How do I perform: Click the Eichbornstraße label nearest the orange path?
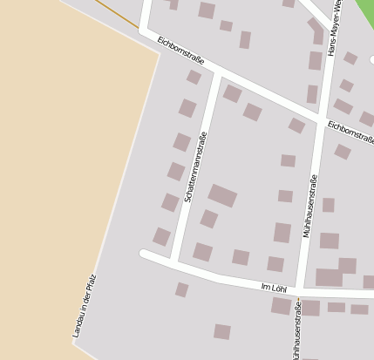click(x=180, y=51)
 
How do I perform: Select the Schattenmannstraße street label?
click(x=195, y=167)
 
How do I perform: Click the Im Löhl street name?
click(x=274, y=287)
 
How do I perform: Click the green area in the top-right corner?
click(x=364, y=13)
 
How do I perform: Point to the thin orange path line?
click(x=118, y=14)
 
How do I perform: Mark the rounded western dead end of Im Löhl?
click(x=144, y=255)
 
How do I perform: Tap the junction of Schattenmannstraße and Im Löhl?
click(x=174, y=262)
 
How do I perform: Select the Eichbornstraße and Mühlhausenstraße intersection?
click(x=321, y=118)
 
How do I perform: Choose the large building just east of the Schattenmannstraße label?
click(x=222, y=195)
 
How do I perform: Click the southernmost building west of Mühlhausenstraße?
click(x=222, y=331)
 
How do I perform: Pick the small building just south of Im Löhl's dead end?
click(x=181, y=289)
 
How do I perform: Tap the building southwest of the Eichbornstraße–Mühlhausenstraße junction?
click(x=296, y=126)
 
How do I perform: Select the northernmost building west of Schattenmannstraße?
click(x=194, y=77)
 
